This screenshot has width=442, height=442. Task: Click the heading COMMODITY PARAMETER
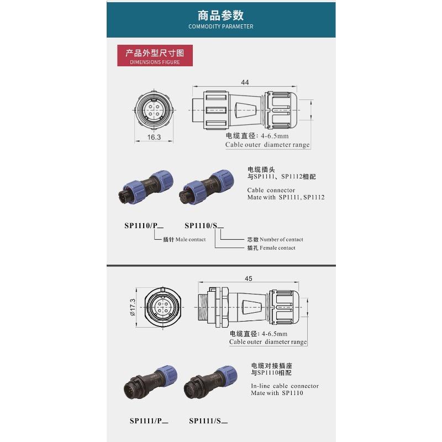(x=221, y=26)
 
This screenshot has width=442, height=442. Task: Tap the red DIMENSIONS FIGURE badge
(x=155, y=57)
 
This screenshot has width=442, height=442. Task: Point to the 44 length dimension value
(x=245, y=82)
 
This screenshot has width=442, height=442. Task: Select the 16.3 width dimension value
(x=154, y=137)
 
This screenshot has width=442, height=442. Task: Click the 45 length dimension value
(x=248, y=279)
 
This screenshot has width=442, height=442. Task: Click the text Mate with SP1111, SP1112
(x=286, y=197)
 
